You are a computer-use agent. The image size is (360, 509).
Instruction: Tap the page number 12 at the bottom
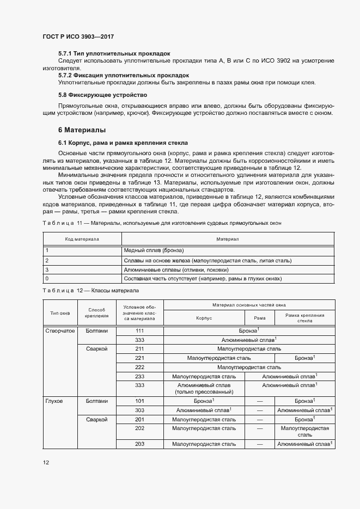pos(46,462)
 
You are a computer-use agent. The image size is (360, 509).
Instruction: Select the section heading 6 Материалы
pos(82,130)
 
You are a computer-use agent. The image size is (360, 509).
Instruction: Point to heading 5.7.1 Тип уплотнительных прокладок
pos(114,53)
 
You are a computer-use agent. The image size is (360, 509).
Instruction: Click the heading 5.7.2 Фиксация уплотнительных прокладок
pos(124,75)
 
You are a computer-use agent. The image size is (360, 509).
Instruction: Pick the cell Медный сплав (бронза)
pos(154,250)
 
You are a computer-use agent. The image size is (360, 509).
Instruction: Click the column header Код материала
pos(82,239)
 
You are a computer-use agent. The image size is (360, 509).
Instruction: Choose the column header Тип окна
pos(60,313)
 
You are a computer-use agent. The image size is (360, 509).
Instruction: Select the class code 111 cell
pos(139,330)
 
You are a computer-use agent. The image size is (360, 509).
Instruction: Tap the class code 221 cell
pos(139,358)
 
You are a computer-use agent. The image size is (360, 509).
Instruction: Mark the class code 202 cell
pos(139,428)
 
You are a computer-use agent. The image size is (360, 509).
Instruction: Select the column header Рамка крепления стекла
pos(304,318)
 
